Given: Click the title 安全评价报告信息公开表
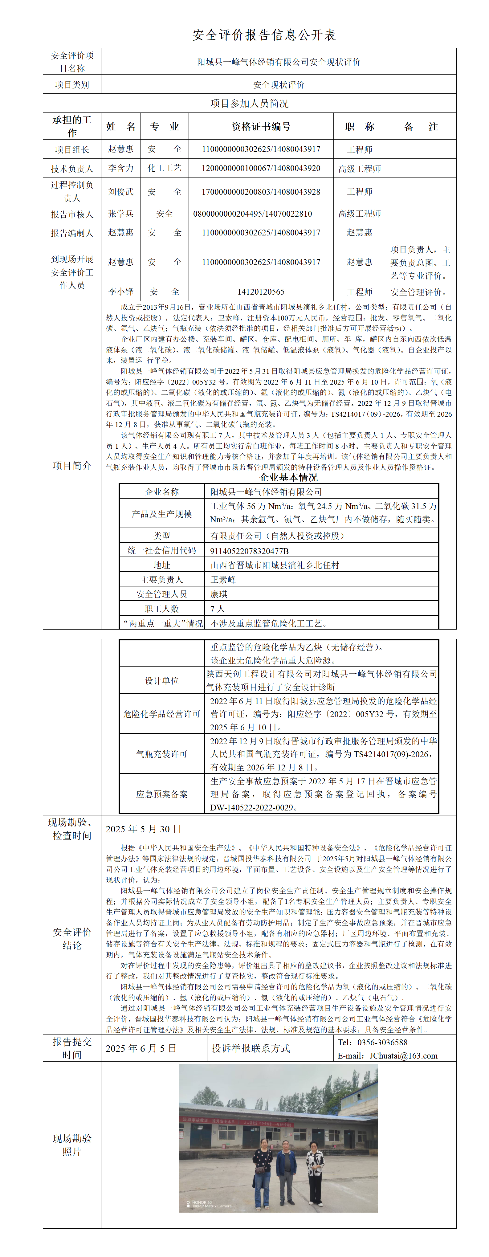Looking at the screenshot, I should pos(264,35).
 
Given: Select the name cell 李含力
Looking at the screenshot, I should pos(120,168).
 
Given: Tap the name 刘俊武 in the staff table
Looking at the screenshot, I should pos(120,192).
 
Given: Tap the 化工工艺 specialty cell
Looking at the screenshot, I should pos(165,168).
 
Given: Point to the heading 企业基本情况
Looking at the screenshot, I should pos(288,477).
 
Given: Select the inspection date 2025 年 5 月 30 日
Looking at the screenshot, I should pos(144,829).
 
